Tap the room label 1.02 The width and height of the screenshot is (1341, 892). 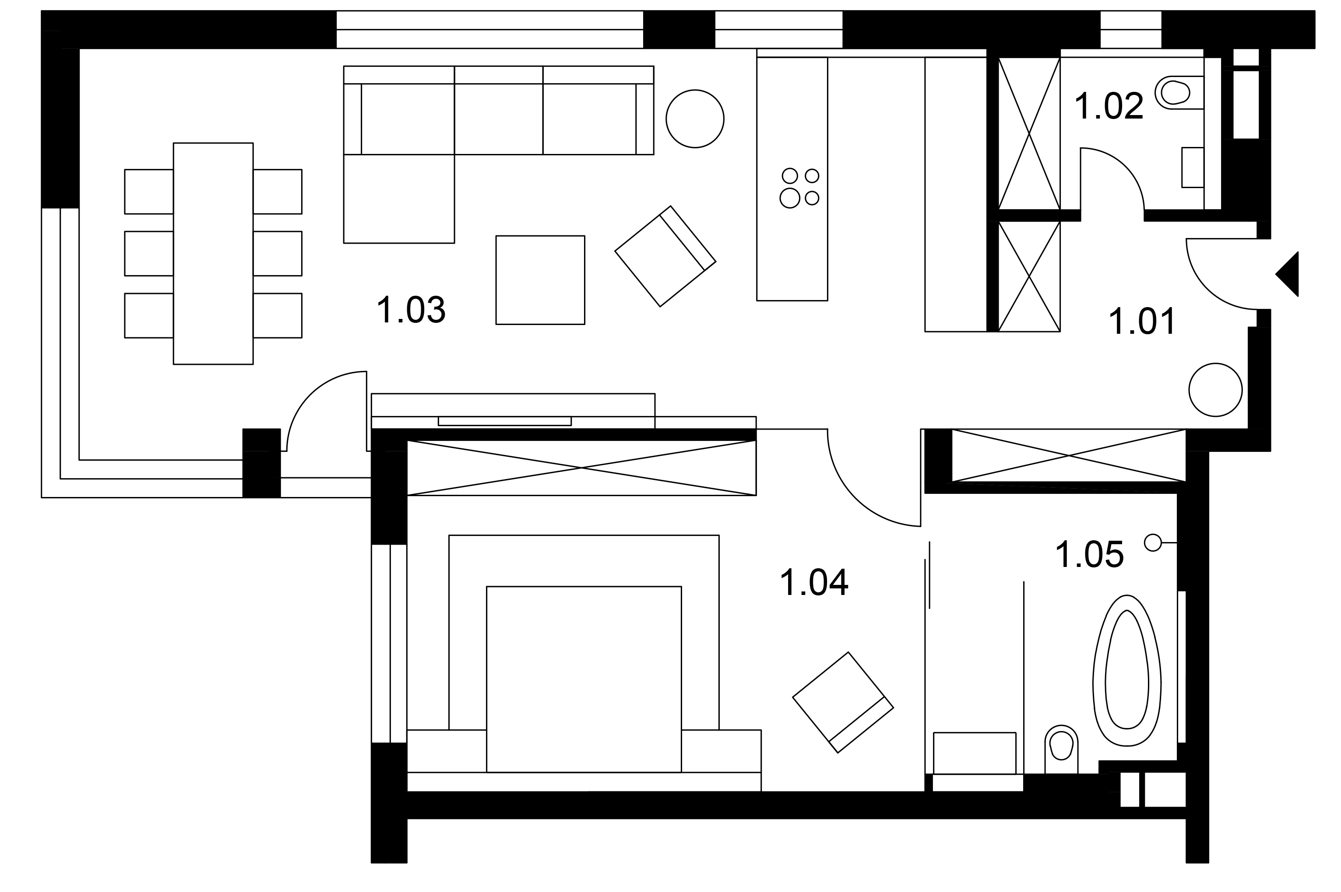1109,106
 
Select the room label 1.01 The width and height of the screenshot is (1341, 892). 1142,322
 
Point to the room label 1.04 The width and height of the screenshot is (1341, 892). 814,583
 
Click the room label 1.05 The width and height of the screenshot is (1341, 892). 1089,555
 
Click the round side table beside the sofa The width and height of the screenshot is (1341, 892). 695,119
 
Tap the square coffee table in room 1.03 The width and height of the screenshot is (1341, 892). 540,280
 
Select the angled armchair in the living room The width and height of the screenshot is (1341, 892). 665,256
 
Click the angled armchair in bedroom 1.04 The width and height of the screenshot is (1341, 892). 843,703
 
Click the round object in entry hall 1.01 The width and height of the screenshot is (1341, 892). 1215,390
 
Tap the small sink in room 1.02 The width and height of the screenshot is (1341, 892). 1193,167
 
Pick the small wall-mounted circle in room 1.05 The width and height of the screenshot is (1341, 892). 1153,543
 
